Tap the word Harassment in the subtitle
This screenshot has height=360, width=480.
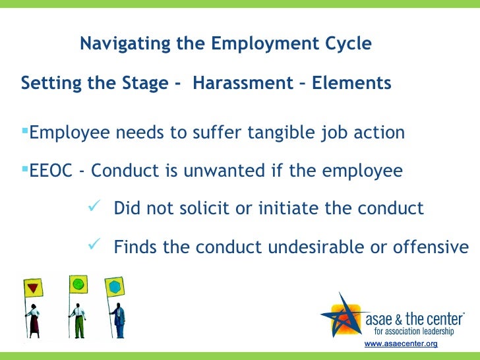(x=242, y=84)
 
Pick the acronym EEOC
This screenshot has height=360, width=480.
(x=51, y=171)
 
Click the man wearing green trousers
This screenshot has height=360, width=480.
(x=78, y=320)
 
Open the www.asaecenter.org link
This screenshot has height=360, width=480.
(x=400, y=345)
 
